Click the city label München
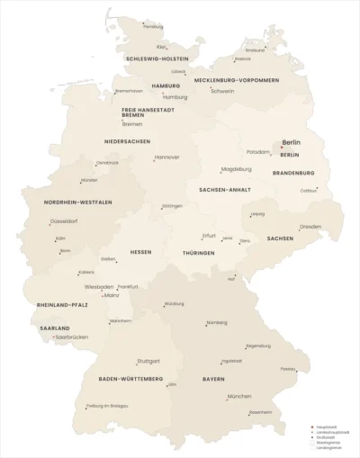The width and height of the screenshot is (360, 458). pos(239,396)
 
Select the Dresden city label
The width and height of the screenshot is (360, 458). pos(311,227)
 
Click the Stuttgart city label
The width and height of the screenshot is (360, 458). pos(148,361)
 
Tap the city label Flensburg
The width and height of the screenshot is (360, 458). pos(153,27)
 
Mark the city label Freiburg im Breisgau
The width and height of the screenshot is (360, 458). pos(108,406)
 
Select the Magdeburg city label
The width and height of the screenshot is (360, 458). pos(237,169)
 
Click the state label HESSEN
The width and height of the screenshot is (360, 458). pos(140,252)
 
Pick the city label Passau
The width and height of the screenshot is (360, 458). pos(288,368)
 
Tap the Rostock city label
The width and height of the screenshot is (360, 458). pos(242,59)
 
